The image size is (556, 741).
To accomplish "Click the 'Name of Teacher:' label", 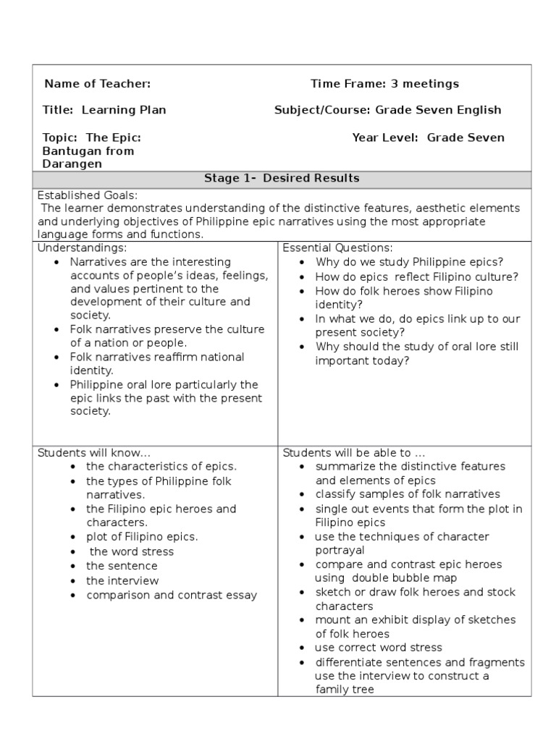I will tap(98, 84).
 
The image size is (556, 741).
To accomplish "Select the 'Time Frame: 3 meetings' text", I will tap(384, 84).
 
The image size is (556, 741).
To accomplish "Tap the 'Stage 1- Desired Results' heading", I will tap(282, 178).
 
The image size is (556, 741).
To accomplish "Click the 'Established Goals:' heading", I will tap(87, 195).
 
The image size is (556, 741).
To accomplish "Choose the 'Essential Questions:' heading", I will tap(337, 247).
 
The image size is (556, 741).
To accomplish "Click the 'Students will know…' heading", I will tap(93, 453).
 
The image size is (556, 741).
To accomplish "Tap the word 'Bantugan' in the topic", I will tap(71, 151).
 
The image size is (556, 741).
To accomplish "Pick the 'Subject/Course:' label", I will tap(322, 110).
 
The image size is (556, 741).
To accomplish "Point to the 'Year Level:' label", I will tap(385, 137).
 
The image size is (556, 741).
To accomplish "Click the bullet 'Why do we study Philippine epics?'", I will tap(409, 262).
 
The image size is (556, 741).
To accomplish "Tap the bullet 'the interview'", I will tap(122, 580).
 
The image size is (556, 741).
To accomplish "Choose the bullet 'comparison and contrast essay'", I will tap(172, 596).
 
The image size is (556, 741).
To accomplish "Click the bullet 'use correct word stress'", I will tap(378, 648).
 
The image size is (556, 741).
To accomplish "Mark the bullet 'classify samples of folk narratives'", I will tap(408, 494).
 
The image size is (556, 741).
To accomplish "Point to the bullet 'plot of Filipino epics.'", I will tap(142, 537).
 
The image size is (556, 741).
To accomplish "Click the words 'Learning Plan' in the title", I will tap(124, 110).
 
